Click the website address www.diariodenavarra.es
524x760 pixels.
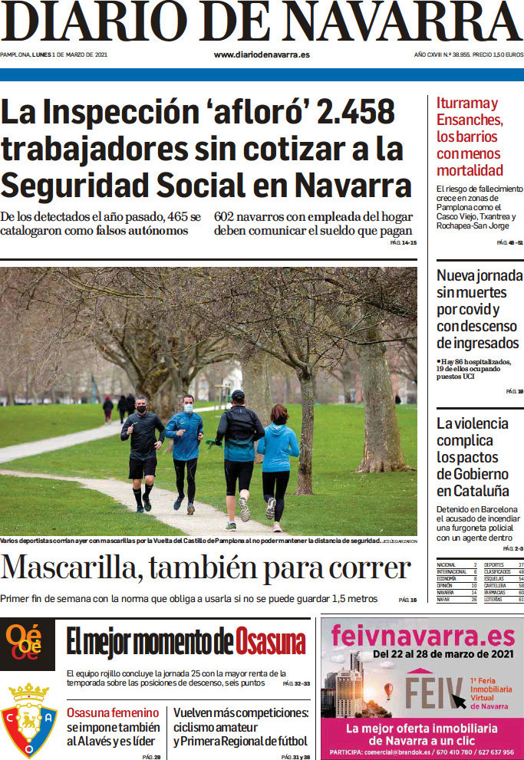pyautogui.click(x=262, y=54)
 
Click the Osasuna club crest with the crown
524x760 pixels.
pyautogui.click(x=28, y=721)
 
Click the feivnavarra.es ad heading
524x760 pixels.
pyautogui.click(x=422, y=636)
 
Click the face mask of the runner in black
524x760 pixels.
pyautogui.click(x=140, y=410)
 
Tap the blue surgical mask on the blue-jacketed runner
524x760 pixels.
pyautogui.click(x=189, y=408)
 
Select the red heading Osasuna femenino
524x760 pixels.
pyautogui.click(x=113, y=712)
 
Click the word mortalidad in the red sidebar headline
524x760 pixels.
pyautogui.click(x=470, y=169)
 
